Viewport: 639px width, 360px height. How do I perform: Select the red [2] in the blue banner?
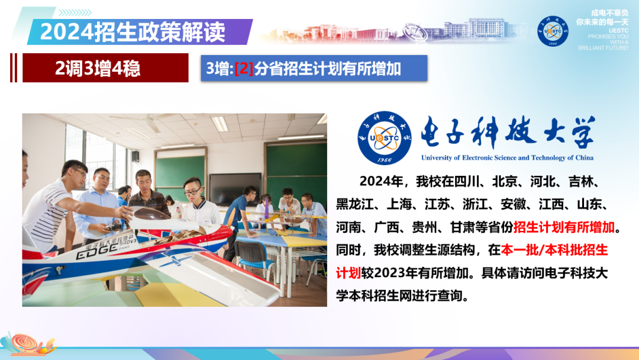[244, 69]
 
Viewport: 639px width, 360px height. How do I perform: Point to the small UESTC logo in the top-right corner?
[553, 31]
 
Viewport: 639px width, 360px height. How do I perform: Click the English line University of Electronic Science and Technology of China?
[507, 158]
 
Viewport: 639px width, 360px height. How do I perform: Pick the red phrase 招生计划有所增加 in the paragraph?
[564, 227]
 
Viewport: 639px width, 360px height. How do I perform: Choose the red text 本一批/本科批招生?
[554, 250]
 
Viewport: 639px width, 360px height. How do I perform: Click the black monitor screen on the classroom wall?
[235, 189]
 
